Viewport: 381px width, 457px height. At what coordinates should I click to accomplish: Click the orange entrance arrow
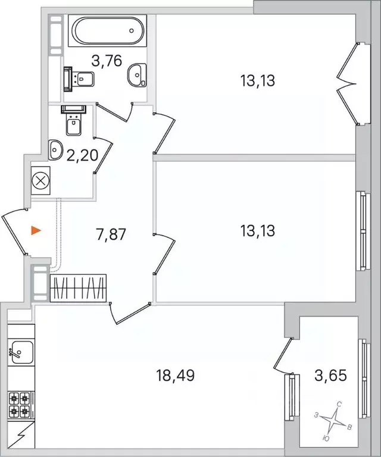(x=36, y=230)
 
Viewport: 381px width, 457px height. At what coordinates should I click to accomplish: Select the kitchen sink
(x=20, y=352)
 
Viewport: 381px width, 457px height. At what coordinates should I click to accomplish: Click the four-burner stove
(x=20, y=405)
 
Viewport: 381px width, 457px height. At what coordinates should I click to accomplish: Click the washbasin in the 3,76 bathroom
(x=138, y=74)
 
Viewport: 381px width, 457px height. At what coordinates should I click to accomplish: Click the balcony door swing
(x=282, y=357)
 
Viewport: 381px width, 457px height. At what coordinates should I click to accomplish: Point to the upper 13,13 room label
(x=257, y=80)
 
